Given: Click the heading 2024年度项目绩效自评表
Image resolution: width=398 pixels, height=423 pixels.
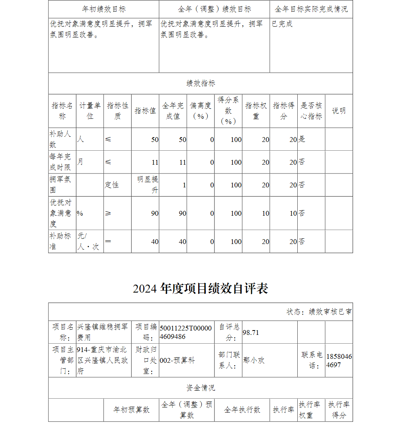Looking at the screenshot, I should (200, 289).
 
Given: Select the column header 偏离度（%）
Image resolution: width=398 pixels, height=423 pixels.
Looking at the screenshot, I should (201, 111).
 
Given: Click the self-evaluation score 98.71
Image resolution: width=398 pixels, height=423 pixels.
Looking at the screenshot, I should (251, 332).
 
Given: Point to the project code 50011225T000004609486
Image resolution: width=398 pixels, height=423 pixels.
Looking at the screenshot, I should (186, 332).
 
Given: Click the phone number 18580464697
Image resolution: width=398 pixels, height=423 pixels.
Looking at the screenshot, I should (339, 360).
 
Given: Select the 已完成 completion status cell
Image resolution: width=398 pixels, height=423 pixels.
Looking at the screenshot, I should (282, 24).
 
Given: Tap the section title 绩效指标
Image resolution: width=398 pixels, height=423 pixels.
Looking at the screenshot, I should (201, 83).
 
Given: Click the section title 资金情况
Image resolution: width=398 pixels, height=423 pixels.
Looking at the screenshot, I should (201, 388).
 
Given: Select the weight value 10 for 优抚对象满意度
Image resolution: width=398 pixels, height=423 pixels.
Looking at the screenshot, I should (265, 213).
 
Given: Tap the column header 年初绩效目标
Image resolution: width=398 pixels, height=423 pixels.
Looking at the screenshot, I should (104, 9).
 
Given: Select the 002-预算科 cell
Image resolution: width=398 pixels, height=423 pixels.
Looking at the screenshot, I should (178, 360).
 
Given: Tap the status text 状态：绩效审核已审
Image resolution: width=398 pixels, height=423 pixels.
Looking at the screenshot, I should (319, 312).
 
